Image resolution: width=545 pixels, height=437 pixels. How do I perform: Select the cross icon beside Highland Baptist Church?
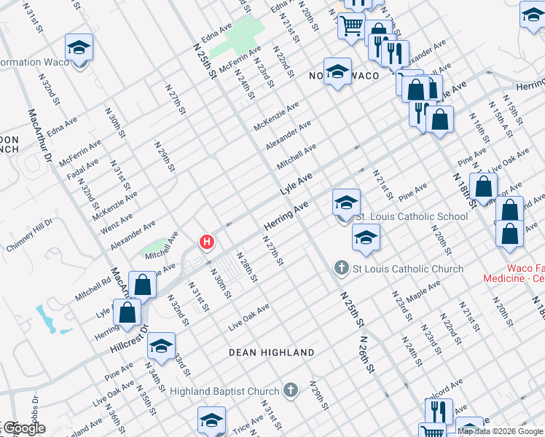(291, 391)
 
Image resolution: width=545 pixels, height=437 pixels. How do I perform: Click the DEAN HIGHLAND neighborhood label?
(272, 353)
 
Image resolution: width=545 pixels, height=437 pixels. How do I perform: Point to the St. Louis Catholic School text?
(412, 216)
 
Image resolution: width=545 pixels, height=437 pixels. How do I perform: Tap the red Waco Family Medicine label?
(514, 273)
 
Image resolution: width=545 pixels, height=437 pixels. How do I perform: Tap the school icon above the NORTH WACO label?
(337, 72)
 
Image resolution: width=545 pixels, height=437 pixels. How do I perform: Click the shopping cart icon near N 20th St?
(351, 25)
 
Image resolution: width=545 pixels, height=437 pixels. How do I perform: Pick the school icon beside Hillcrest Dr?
(162, 347)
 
